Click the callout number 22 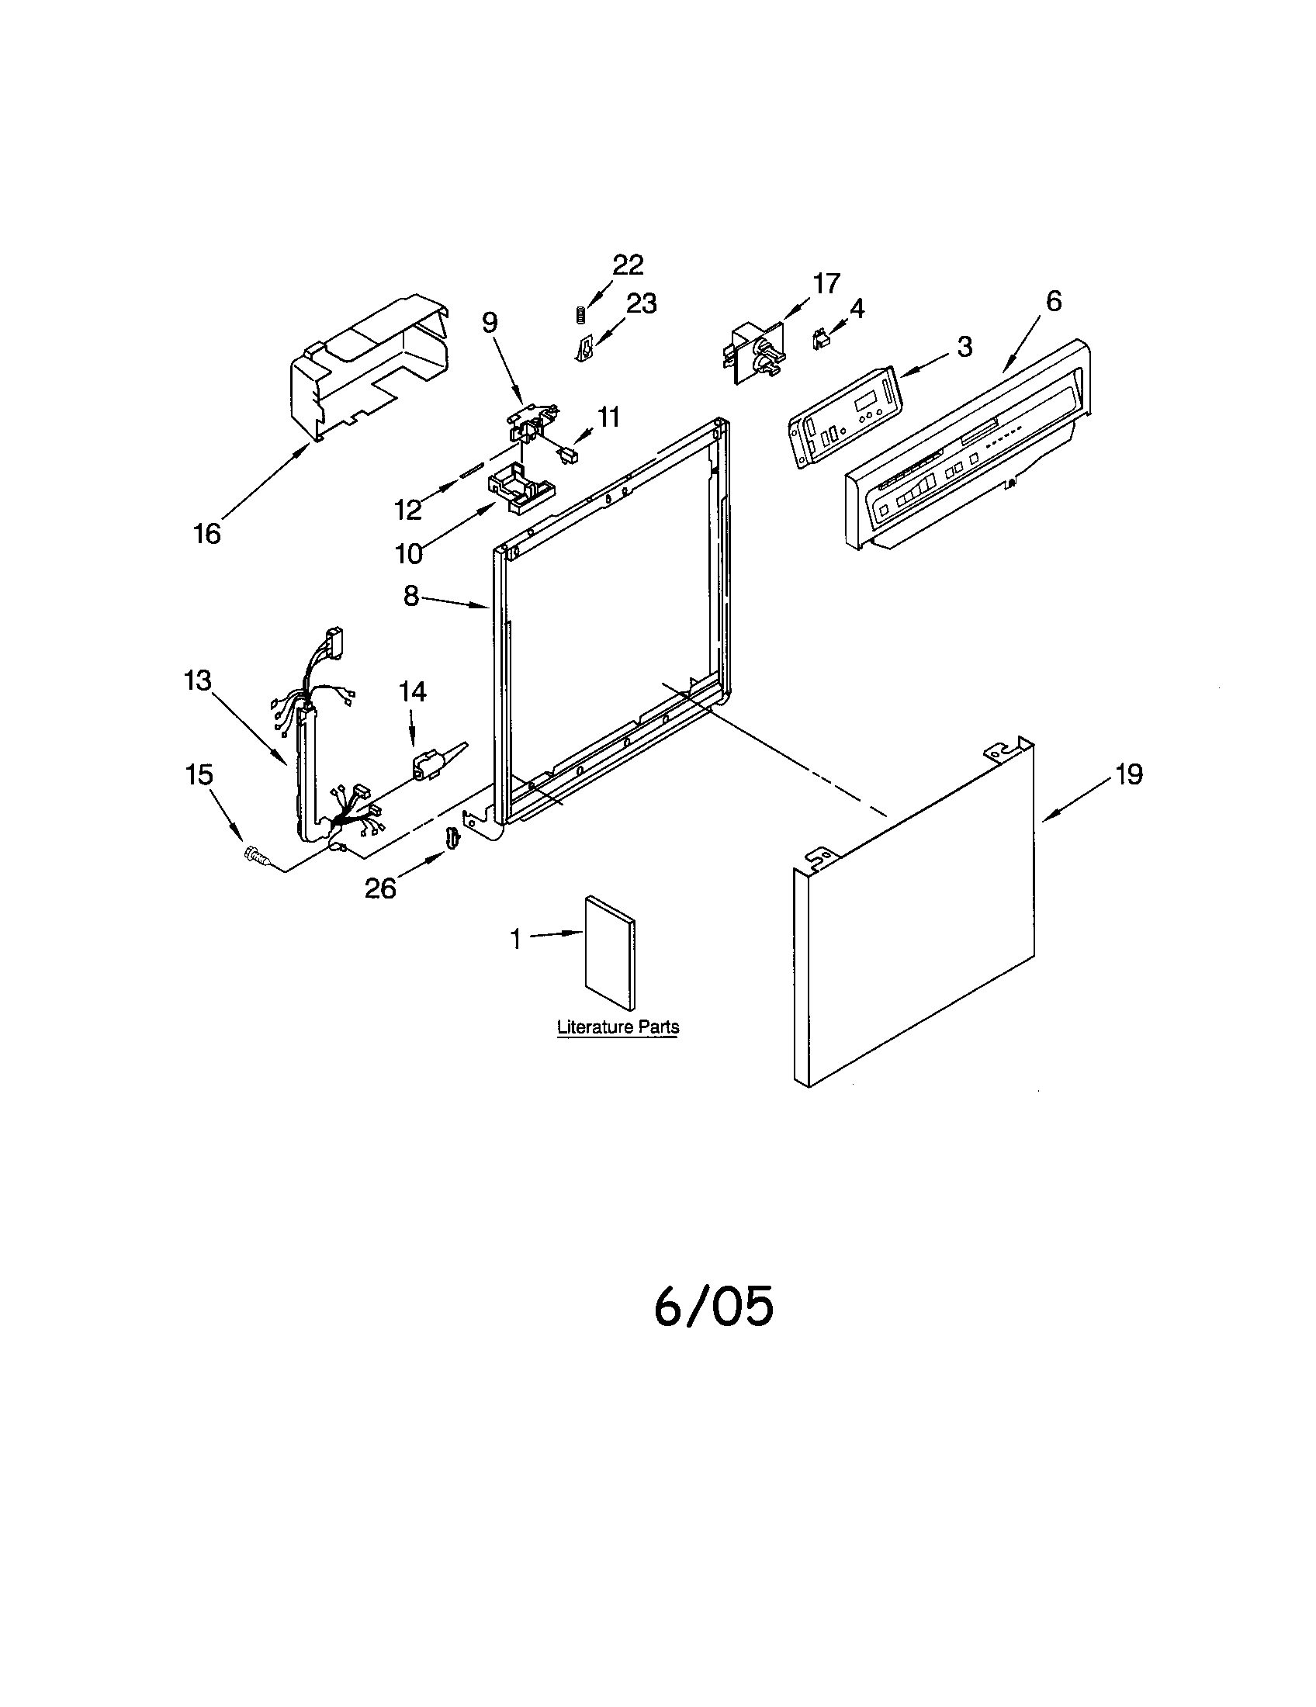pos(628,265)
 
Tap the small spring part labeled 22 pos(580,315)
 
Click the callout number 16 pos(207,534)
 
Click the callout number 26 pos(380,888)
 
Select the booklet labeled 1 pos(611,951)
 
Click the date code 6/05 pos(714,1307)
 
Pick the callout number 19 pos(1128,774)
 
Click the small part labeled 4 pos(819,339)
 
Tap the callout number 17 pos(826,283)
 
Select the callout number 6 pos(1053,301)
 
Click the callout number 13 pos(198,680)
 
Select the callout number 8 pos(412,597)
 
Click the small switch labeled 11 pos(567,454)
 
